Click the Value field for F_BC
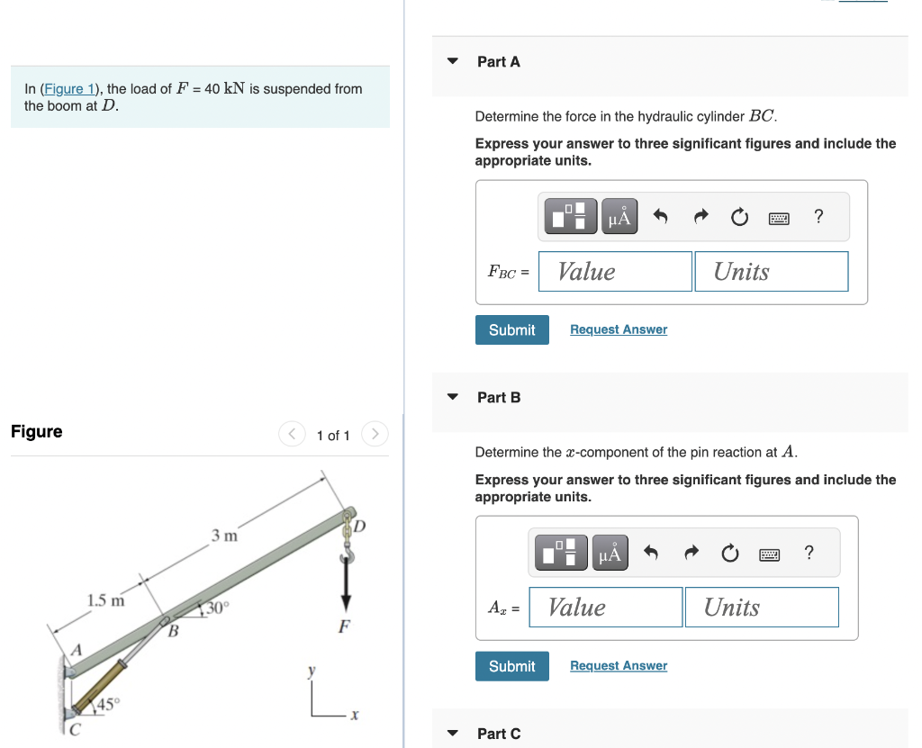pos(615,272)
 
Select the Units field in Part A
pos(771,272)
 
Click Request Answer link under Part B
pos(619,666)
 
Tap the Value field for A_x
pos(605,608)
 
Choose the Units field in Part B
pos(761,608)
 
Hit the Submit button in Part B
pos(511,666)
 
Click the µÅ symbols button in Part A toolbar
pos(619,217)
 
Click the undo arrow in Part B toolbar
pos(651,553)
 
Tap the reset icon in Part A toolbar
pos(739,217)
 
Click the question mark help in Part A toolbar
pos(818,216)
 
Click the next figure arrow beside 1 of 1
pos(375,435)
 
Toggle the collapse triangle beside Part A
pos(453,62)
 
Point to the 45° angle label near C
pos(107,705)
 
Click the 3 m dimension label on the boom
pos(224,536)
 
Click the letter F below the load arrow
pos(343,626)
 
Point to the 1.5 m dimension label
pos(105,600)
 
